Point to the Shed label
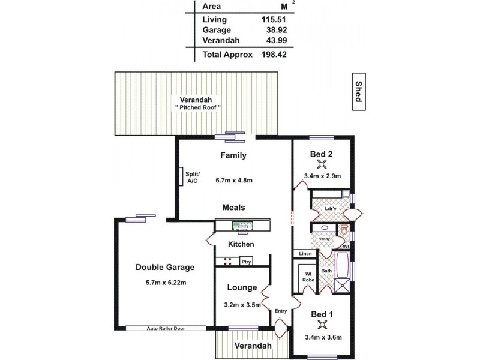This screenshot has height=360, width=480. click(358, 92)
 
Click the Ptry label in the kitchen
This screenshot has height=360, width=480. click(245, 261)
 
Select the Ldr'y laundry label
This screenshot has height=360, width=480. click(330, 209)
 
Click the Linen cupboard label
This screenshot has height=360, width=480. click(305, 254)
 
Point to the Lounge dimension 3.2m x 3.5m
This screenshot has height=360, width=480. click(242, 305)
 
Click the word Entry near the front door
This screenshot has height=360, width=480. click(280, 311)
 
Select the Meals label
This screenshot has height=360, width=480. click(233, 207)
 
